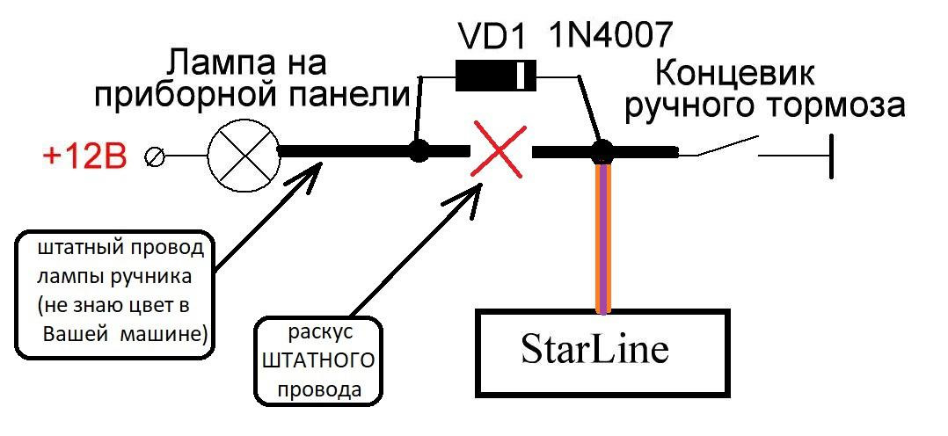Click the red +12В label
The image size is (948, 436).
[x=84, y=157]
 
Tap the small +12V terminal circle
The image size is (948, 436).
[x=157, y=157]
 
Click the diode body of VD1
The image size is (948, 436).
[x=487, y=76]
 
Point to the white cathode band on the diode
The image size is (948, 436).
[x=525, y=76]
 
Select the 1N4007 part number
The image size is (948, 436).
[x=612, y=34]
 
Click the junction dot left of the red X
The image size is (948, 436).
[x=419, y=151]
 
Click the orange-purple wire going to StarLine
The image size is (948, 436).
[x=602, y=237]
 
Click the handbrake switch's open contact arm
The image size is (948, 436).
[x=726, y=147]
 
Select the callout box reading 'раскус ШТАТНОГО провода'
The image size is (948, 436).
[x=319, y=360]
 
